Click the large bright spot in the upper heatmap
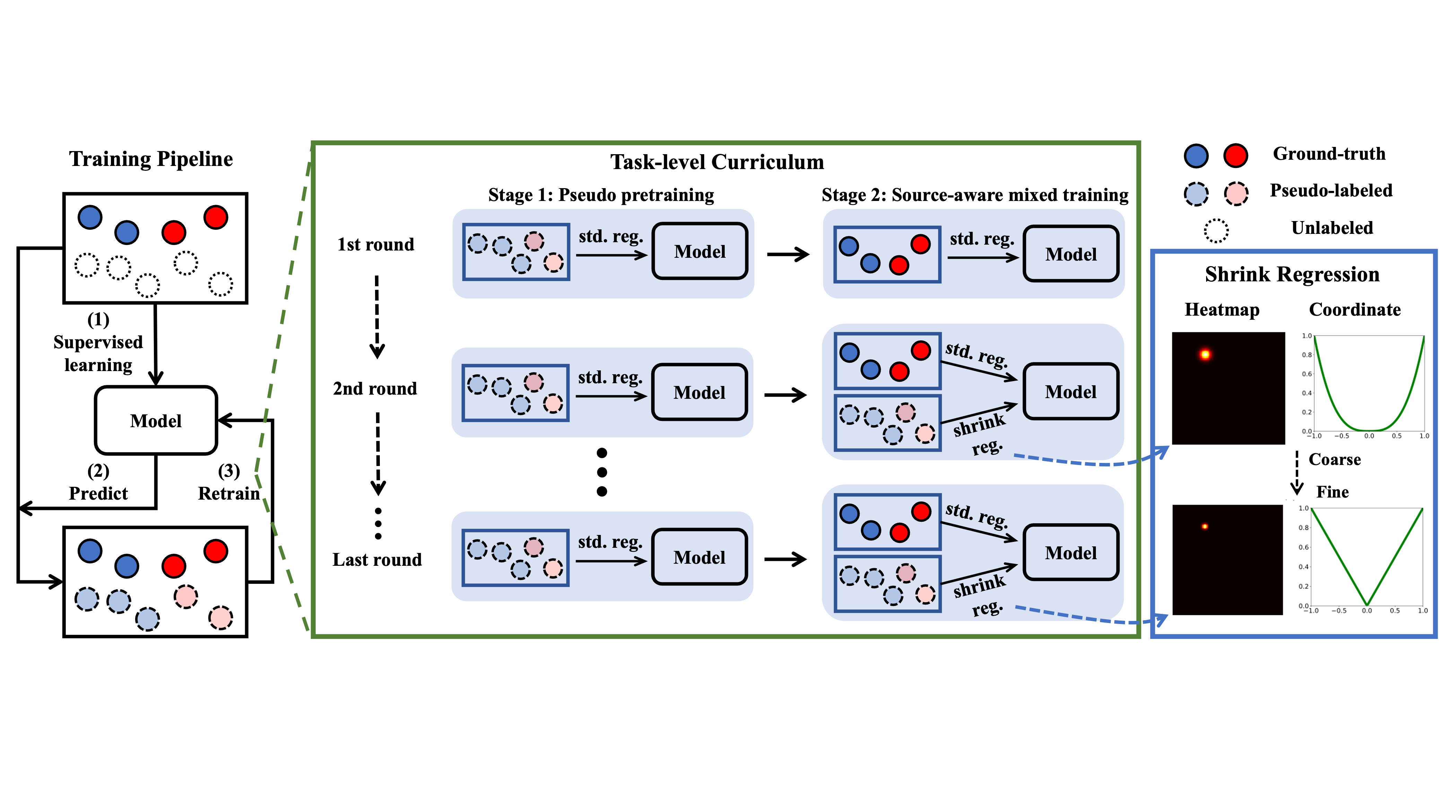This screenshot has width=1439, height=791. click(1205, 354)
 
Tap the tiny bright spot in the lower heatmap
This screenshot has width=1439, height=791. click(1205, 526)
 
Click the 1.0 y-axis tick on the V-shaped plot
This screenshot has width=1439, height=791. click(1303, 508)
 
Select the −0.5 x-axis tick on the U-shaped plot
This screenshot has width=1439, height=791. click(1341, 436)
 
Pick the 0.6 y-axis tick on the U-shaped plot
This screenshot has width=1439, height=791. click(1307, 374)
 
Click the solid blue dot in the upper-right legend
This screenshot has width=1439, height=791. click(1196, 156)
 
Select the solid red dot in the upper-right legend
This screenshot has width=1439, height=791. click(1236, 156)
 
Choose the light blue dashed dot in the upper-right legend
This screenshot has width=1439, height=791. click(1196, 194)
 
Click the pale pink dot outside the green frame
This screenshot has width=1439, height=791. click(221, 618)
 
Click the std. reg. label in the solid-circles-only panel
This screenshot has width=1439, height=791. click(982, 239)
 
